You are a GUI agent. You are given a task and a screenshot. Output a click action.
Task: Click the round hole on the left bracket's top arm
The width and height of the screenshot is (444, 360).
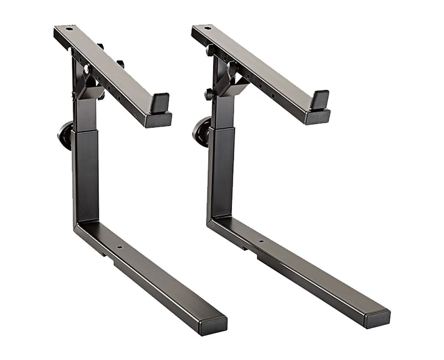point(69,28)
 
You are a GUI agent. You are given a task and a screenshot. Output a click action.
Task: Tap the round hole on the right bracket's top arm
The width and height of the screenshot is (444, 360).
point(207,28)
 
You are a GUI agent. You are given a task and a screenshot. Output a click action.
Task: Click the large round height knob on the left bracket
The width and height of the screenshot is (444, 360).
point(65,136)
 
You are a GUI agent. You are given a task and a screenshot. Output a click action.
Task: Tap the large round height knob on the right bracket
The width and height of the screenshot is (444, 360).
point(201,131)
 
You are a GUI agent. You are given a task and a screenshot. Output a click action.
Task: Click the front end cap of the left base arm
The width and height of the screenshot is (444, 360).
point(213,325)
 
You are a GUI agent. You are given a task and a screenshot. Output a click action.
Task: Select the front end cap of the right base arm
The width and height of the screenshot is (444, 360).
point(377,318)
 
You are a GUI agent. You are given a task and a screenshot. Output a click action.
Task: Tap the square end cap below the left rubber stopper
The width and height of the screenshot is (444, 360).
point(158,119)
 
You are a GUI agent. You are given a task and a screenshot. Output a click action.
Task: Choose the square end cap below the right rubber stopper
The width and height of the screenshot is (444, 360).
point(317,117)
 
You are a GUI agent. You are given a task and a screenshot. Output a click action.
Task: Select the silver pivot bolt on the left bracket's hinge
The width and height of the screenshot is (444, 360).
point(86,69)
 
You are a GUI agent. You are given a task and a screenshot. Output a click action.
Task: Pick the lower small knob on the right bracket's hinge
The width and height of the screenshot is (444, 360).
point(209,94)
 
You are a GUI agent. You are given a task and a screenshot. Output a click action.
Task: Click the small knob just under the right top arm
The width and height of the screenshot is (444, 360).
point(211,50)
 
